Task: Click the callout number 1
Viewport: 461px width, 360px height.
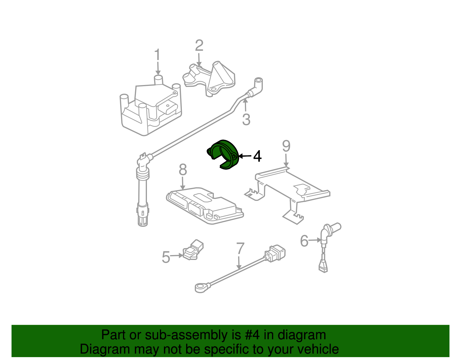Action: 157,55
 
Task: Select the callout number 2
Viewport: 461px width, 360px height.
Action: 199,46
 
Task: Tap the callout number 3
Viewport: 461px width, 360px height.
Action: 246,120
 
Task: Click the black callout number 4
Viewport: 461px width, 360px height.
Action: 257,156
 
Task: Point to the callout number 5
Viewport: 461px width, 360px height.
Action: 166,257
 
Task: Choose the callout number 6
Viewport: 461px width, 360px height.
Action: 304,241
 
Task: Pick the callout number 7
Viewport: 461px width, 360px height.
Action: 240,248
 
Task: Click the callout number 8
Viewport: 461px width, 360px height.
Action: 183,170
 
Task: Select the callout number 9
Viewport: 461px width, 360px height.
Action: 286,146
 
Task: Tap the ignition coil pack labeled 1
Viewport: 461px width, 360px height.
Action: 150,110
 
